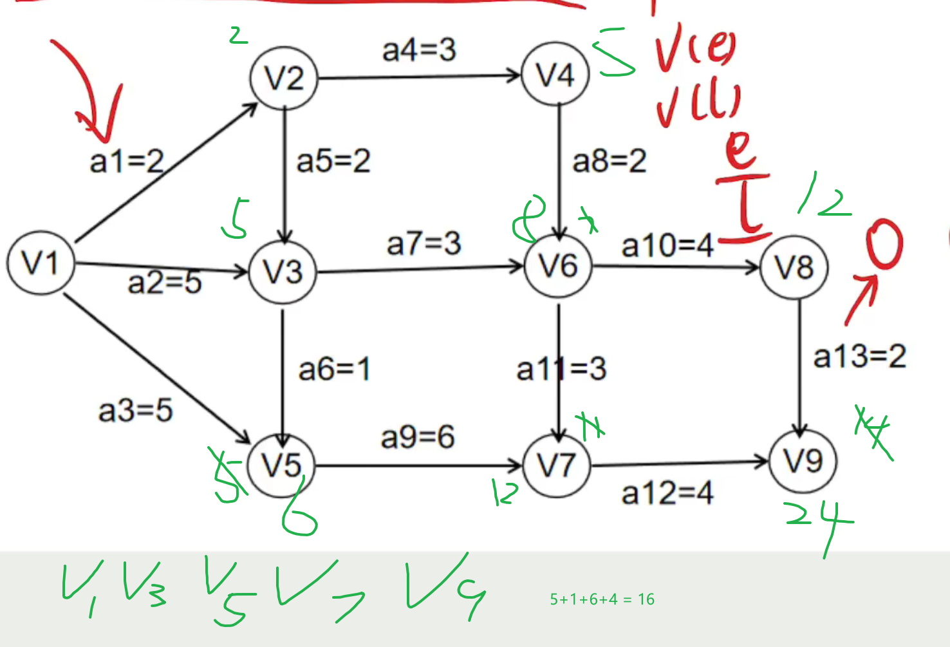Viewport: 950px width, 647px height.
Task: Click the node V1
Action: [x=41, y=263]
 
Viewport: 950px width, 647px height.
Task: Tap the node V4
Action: [x=555, y=75]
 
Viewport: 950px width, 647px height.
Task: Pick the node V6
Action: [x=558, y=266]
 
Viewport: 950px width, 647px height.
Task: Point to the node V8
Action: [x=794, y=267]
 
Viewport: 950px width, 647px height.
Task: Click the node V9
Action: [x=803, y=461]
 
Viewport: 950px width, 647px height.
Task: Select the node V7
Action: [x=557, y=465]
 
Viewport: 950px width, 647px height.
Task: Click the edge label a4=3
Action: [x=419, y=50]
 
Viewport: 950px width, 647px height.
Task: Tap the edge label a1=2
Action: [x=127, y=161]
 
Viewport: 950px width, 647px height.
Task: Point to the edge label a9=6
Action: [x=418, y=438]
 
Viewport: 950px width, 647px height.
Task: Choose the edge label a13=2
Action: [x=860, y=356]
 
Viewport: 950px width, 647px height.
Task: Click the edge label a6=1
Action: [x=334, y=370]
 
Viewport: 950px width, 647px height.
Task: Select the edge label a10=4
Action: [x=667, y=245]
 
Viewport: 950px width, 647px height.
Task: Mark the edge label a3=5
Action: [x=135, y=410]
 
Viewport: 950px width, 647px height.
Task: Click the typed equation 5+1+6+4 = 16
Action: [x=602, y=599]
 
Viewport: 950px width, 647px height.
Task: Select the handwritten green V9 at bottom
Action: [x=444, y=586]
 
